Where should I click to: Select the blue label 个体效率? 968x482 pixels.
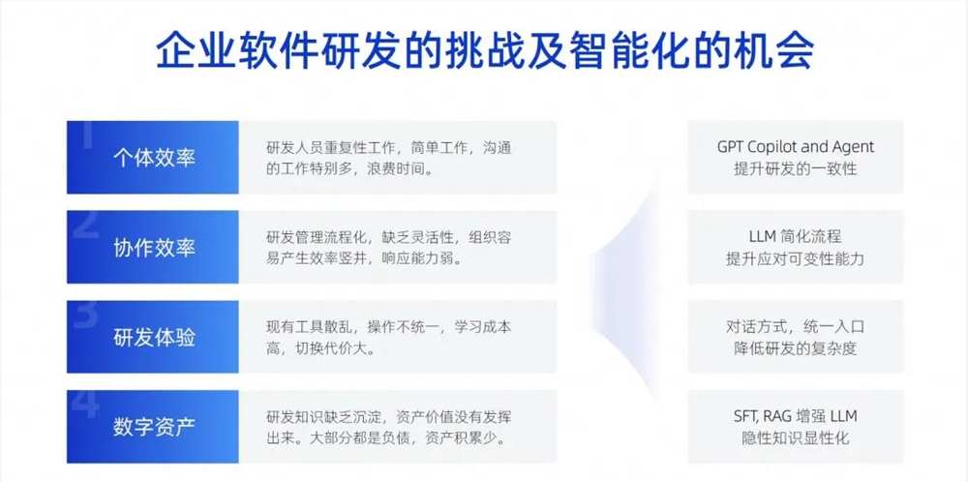click(154, 157)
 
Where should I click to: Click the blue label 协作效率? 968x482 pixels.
click(154, 247)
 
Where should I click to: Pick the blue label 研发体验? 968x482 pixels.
click(154, 337)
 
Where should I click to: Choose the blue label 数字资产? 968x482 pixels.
click(154, 427)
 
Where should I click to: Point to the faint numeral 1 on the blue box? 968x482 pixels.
click(86, 135)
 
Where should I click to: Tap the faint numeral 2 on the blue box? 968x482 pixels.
click(86, 224)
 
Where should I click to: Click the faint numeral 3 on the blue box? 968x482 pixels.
click(86, 315)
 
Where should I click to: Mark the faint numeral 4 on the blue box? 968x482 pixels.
click(86, 405)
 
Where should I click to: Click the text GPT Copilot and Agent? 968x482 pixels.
click(795, 147)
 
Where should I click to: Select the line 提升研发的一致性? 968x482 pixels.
click(795, 168)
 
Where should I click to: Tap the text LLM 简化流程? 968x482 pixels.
click(795, 237)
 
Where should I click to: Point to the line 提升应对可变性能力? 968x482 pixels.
click(795, 258)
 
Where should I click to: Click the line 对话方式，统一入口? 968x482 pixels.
click(795, 327)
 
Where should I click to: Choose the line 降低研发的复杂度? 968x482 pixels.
click(795, 348)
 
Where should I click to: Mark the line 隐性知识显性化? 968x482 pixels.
click(795, 438)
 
